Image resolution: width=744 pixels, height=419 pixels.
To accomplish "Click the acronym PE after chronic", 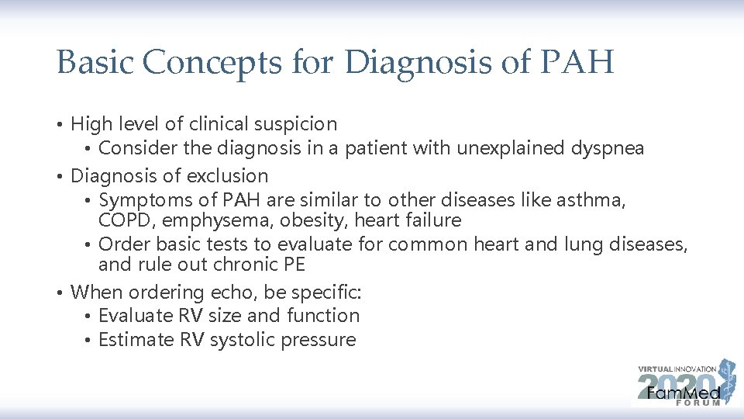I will tap(294, 265).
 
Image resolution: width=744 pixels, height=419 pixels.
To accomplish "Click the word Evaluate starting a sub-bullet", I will tap(136, 316).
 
